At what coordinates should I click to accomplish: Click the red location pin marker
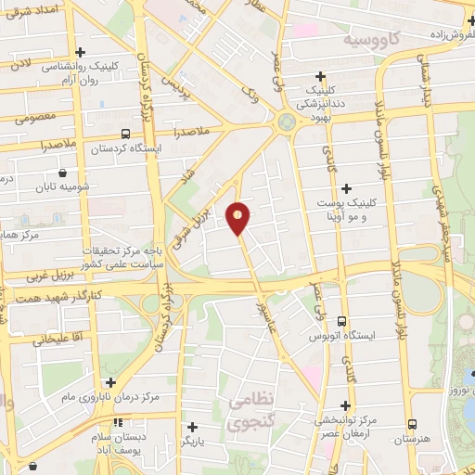(x=238, y=216)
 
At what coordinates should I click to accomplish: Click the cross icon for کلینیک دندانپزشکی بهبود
(x=321, y=76)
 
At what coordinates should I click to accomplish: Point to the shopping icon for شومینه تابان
(x=61, y=173)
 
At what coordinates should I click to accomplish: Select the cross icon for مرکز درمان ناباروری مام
(x=110, y=381)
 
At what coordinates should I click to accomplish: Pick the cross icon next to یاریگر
(x=192, y=428)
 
